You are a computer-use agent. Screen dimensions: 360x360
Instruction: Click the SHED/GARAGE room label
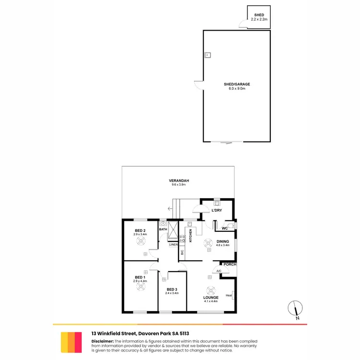(237, 84)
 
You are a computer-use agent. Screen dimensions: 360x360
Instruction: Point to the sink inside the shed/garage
(208, 55)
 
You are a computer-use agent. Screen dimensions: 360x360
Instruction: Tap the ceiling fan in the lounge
(211, 290)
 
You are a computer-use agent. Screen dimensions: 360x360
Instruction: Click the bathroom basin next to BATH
(163, 224)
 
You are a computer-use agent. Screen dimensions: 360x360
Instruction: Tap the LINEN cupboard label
(173, 244)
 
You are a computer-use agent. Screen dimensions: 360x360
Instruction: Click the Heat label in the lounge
(229, 295)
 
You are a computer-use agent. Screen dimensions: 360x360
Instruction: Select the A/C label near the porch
(218, 271)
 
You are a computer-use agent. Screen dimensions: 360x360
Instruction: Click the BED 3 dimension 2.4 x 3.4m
(172, 293)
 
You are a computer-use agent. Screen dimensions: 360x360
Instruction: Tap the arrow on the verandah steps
(170, 209)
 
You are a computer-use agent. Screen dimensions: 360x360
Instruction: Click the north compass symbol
(296, 309)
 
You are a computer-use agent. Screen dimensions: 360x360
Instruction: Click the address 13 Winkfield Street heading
(113, 334)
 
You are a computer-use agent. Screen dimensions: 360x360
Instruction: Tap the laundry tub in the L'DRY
(216, 203)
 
